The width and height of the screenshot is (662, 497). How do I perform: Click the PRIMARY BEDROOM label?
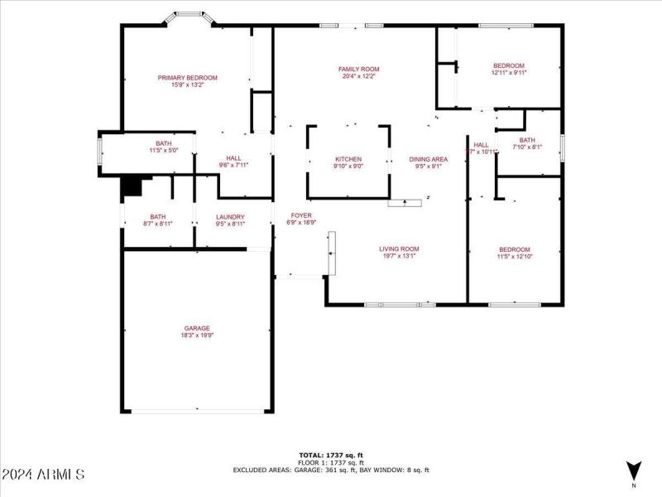point(187,78)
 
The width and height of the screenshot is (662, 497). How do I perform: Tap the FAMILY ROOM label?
point(358,69)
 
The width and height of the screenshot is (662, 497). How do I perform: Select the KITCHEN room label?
point(348,159)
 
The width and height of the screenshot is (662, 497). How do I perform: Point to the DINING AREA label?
point(428,159)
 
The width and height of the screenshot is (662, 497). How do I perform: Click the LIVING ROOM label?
point(399,248)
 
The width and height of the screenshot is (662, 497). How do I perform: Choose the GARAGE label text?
point(196,329)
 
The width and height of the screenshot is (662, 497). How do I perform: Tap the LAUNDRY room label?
point(230,217)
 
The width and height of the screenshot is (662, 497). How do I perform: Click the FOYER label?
point(300,215)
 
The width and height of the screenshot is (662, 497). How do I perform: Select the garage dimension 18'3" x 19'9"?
point(197,336)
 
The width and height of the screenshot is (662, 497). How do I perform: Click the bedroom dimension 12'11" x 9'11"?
point(509,73)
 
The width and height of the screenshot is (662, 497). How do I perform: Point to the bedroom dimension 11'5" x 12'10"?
point(514,257)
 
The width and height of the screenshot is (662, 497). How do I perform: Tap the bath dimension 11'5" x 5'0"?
point(163,151)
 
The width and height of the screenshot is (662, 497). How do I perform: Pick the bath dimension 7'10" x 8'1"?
point(527,147)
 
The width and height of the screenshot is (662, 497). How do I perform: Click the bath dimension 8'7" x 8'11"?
point(157,224)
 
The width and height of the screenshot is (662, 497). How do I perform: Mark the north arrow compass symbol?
point(634,470)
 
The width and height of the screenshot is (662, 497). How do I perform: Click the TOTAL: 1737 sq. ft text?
point(331,455)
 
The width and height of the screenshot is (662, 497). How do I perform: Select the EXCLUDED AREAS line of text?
point(331,470)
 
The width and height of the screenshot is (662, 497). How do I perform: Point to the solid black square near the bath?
point(132,186)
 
